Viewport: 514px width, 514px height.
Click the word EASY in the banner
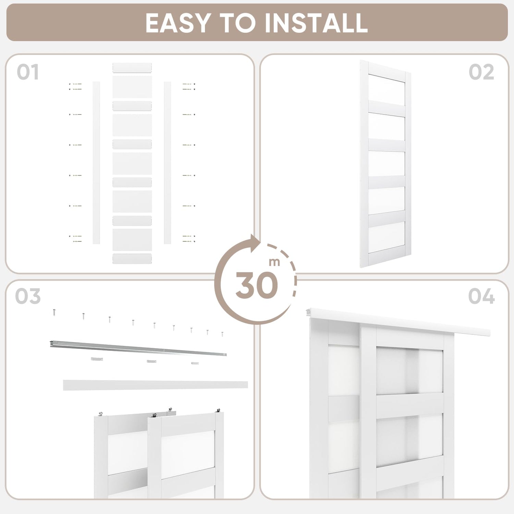178,23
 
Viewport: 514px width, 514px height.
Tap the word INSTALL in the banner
316,23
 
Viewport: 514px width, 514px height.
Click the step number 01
28,72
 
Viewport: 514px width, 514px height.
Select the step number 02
481,72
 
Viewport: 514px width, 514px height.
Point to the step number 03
28,296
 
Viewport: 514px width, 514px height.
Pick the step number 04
481,296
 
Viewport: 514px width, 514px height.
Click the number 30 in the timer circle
257,285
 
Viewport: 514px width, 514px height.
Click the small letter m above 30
274,262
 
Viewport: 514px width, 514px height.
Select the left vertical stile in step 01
96,163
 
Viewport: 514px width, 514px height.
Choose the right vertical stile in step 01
168,163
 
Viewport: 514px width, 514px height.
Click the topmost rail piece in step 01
132,68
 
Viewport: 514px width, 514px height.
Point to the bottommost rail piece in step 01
132,259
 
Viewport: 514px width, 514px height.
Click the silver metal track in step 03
138,348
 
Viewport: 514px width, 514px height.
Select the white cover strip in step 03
155,385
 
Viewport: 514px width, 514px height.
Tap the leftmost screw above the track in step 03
54,312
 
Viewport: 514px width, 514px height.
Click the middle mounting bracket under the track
151,361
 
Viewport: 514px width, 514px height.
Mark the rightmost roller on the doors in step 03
218,411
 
